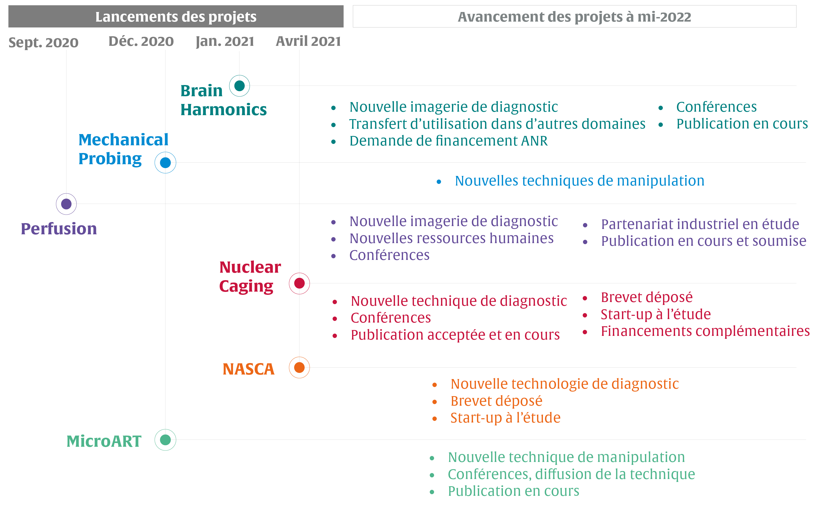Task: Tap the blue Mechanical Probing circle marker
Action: [165, 163]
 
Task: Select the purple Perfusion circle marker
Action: [66, 204]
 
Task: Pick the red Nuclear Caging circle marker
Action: [299, 283]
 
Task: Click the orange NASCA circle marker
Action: [299, 367]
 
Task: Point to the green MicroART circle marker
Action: [165, 440]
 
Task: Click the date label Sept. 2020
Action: [43, 43]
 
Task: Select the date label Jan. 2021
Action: [225, 41]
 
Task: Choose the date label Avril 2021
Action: [308, 41]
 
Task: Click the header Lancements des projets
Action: [176, 17]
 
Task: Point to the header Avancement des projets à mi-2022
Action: [574, 17]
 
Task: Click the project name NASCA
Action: [249, 369]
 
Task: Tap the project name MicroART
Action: [104, 441]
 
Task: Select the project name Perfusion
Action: [59, 229]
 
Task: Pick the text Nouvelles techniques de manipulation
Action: [579, 181]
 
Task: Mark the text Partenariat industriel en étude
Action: [700, 224]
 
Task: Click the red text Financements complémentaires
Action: [705, 331]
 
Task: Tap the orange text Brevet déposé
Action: [496, 401]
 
